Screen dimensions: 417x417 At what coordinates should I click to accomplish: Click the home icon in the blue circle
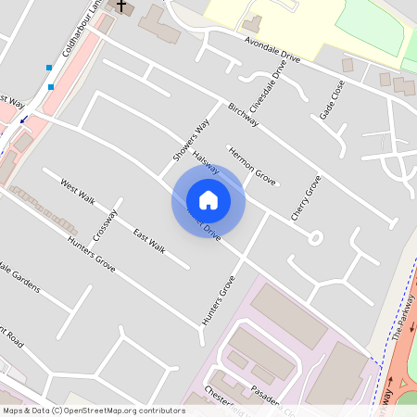click(x=208, y=200)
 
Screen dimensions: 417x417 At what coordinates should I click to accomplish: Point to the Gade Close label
click(x=332, y=98)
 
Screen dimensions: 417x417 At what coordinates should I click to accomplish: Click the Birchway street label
click(x=243, y=115)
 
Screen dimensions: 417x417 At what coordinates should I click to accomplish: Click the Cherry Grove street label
click(x=305, y=197)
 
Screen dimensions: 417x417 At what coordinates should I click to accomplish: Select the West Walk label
click(x=78, y=191)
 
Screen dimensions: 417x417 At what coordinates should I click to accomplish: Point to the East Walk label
click(x=148, y=240)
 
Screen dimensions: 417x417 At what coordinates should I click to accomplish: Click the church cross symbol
click(x=120, y=6)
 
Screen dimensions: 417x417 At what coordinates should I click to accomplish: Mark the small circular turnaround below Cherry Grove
click(x=315, y=237)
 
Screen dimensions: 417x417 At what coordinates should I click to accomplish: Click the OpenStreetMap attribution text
click(x=93, y=410)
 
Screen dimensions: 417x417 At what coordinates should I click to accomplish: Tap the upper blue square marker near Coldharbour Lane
click(x=48, y=68)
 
